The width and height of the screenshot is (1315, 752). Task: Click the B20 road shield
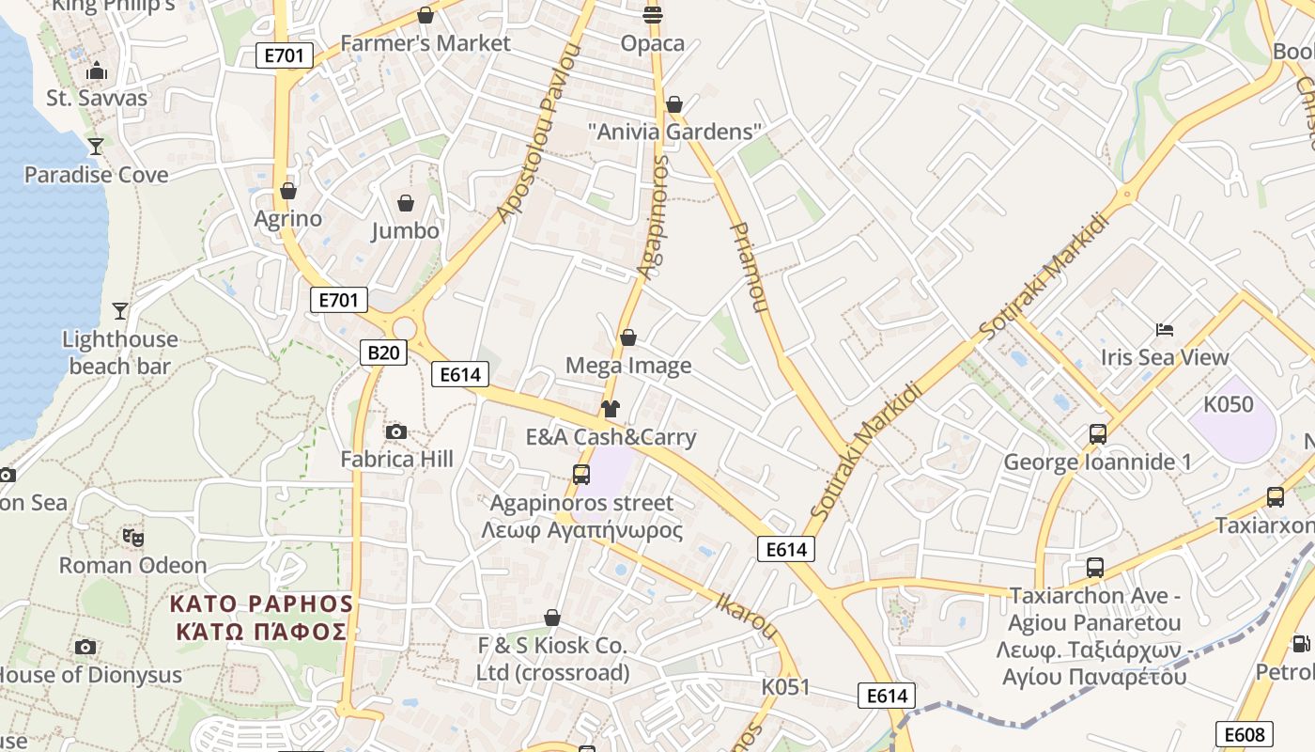coord(383,352)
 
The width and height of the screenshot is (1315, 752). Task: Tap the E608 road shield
coord(1245,734)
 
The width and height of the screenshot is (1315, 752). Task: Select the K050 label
coord(1229,404)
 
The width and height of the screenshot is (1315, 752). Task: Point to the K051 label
coord(785,686)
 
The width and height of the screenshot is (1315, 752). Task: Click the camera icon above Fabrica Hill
coord(396,431)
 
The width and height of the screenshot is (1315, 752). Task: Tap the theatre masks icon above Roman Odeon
coord(133,538)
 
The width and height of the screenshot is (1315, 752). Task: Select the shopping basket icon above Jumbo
coord(406,203)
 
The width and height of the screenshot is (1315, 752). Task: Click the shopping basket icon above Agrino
coord(288,191)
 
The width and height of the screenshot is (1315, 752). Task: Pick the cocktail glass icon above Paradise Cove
coord(96,147)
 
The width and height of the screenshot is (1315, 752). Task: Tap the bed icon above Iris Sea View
coord(1165,330)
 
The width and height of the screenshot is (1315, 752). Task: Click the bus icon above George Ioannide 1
coord(1097,434)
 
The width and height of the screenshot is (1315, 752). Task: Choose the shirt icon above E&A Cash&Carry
coord(611,409)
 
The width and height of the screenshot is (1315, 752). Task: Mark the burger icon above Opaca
coord(653,14)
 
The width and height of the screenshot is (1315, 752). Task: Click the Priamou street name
coord(749,268)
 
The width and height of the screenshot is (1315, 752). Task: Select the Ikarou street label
coord(748,615)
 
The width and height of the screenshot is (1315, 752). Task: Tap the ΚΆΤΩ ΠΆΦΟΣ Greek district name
coord(262,631)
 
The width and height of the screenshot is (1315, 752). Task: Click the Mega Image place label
coord(628,366)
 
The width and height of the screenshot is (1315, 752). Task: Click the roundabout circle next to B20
coord(405,327)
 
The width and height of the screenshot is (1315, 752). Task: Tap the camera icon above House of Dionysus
coord(85,647)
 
